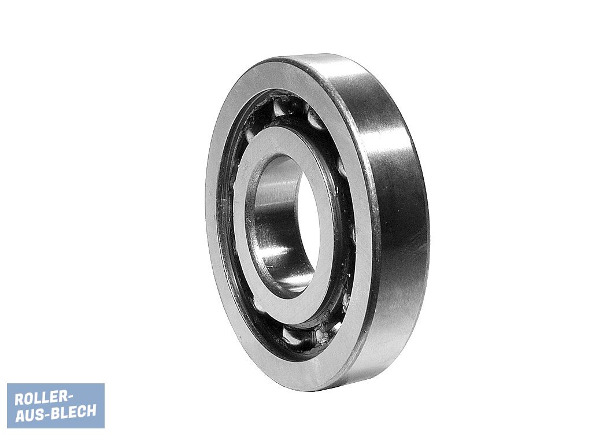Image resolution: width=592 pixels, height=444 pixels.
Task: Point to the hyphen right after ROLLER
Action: [69, 397]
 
